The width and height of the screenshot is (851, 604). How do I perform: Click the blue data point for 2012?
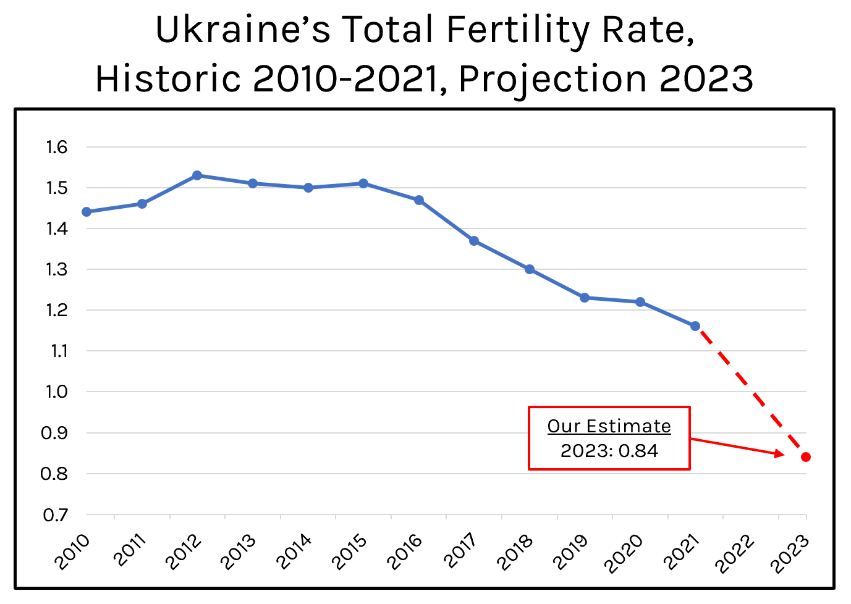[197, 175]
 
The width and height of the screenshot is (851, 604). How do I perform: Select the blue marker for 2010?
[87, 212]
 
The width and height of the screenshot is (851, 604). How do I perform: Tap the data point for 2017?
[474, 241]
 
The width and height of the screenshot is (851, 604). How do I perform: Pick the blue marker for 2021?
[695, 326]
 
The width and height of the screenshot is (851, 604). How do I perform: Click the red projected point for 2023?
[806, 457]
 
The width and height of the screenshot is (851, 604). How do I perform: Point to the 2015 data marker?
[363, 183]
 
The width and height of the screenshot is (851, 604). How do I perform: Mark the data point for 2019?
[585, 298]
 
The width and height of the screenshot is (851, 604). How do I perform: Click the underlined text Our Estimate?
[609, 426]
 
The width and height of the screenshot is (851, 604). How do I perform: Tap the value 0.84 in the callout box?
[638, 451]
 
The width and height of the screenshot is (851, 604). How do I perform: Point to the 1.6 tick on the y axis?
[56, 147]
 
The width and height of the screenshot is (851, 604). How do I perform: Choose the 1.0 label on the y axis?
[56, 392]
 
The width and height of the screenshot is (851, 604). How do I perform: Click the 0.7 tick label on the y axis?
[56, 514]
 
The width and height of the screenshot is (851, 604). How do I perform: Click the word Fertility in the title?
[517, 30]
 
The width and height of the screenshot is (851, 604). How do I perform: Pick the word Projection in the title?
[552, 78]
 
